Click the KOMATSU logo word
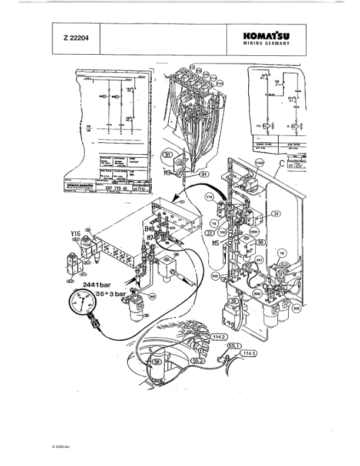(266, 35)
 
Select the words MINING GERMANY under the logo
(266, 44)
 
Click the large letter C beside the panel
(282, 163)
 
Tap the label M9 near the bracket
(167, 173)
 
